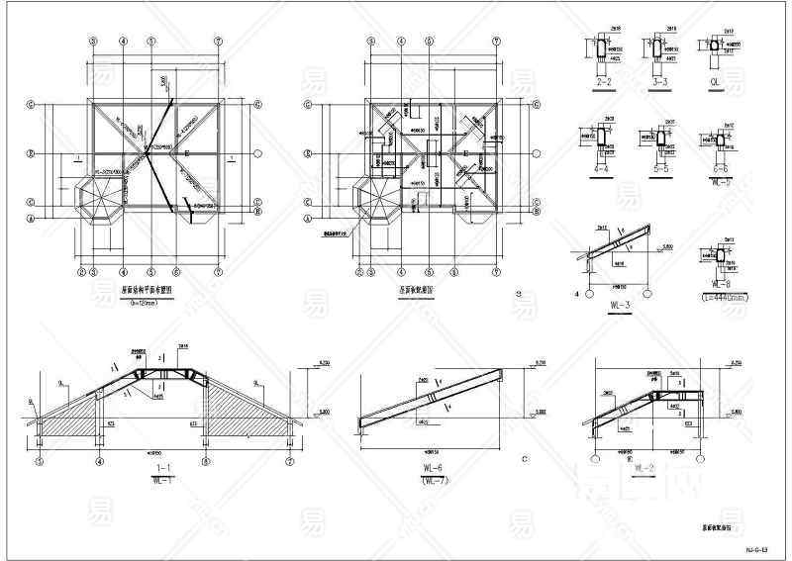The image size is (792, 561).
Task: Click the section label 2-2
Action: coord(603,83)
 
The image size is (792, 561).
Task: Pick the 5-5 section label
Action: coord(657,168)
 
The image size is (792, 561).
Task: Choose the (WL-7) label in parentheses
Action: coord(433,483)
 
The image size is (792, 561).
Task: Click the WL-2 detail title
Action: coord(646,467)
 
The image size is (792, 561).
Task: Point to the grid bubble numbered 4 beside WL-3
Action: coord(577,294)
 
